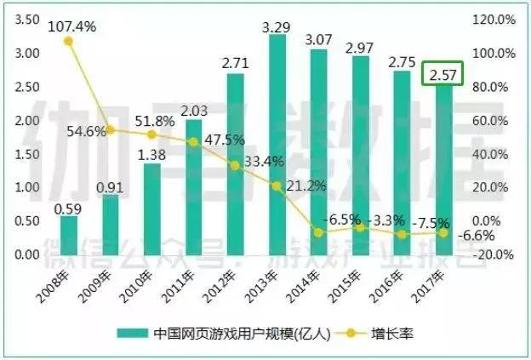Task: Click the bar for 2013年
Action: (x=277, y=145)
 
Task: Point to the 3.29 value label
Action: (x=277, y=27)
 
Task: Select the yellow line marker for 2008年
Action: (x=69, y=41)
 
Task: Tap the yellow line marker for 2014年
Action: (x=318, y=231)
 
